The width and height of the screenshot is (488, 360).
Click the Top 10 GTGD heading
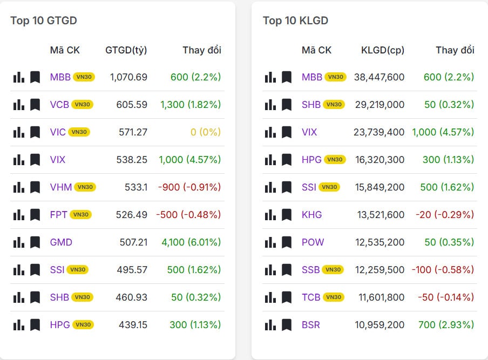[x=44, y=21]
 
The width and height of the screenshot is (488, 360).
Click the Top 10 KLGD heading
[x=295, y=21]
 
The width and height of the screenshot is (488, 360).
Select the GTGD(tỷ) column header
[x=126, y=50]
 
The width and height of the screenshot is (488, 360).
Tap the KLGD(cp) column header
[x=383, y=50]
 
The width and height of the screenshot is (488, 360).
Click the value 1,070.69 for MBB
[x=128, y=77]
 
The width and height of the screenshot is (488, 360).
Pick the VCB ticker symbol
[x=59, y=105]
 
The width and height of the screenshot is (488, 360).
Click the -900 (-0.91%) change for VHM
[x=189, y=187]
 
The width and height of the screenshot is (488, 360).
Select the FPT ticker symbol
[x=58, y=215]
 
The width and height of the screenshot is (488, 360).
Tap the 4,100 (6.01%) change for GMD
[x=191, y=242]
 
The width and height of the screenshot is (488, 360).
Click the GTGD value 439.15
[x=133, y=325]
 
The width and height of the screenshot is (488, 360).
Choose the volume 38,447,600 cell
[x=379, y=77]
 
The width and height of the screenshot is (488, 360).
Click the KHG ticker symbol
[x=311, y=215]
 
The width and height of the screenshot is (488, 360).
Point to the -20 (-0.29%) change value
[x=445, y=215]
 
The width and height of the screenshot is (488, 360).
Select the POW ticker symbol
[x=313, y=242]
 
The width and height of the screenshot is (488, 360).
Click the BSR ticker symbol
[x=311, y=325]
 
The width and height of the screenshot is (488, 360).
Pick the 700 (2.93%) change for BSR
[x=446, y=325]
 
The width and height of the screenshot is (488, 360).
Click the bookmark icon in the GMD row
[x=35, y=242]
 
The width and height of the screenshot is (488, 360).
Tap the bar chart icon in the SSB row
[x=270, y=270]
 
